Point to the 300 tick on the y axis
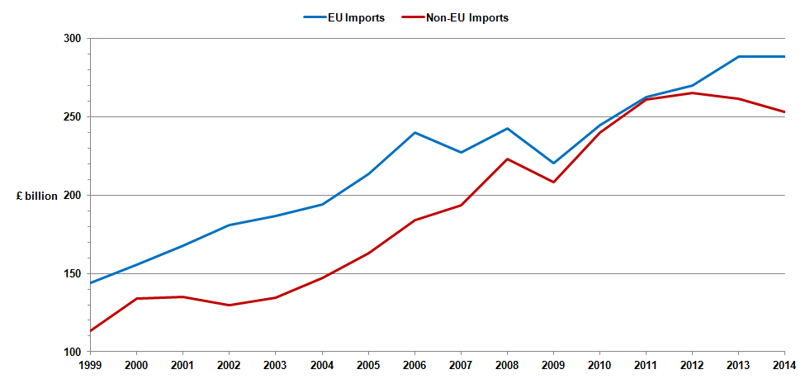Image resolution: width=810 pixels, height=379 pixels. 72,39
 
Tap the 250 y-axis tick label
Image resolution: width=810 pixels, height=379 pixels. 72,117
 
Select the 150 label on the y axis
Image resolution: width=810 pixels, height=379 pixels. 72,274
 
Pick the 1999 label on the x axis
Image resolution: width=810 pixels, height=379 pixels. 90,364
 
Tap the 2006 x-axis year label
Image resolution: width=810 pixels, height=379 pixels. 414,364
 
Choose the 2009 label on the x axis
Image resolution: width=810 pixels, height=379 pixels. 553,364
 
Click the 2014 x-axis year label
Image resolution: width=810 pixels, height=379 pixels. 784,364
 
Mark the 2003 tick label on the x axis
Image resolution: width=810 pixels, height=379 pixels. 276,364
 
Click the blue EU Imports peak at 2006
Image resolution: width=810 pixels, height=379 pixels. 414,132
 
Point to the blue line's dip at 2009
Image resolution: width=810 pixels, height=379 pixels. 553,163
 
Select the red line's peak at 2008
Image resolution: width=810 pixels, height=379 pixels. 507,159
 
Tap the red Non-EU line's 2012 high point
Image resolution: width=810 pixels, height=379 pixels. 692,92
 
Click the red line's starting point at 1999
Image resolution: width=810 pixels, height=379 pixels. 91,331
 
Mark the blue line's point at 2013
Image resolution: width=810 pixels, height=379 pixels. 738,56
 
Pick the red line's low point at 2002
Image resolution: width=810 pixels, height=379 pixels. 230,306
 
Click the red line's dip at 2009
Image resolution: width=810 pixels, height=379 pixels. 553,182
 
